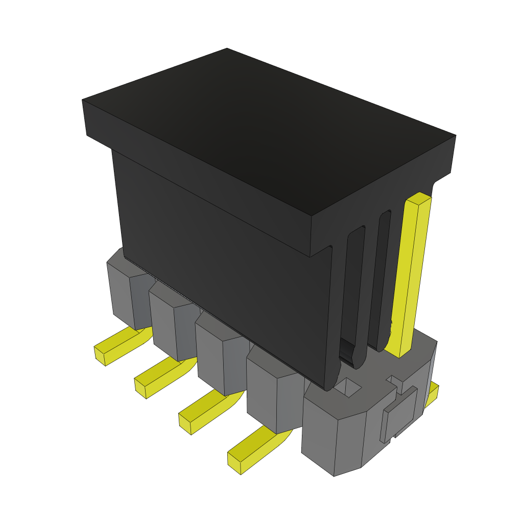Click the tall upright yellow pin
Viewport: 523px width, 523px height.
pos(412,276)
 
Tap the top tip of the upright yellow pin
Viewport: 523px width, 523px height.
pos(418,197)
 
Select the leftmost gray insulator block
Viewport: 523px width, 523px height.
pos(123,294)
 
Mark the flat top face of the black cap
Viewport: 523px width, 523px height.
pos(266,138)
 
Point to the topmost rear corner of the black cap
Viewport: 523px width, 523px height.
pos(227,49)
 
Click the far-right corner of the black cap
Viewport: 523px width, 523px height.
pos(455,137)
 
